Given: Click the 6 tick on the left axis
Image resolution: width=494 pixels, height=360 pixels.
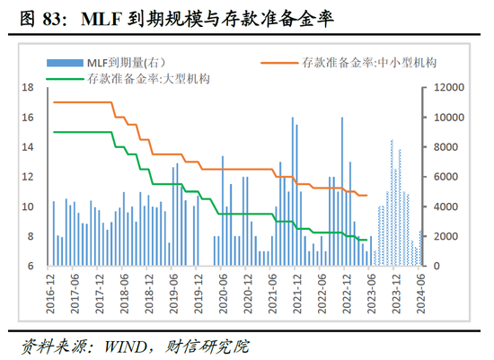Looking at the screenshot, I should (31, 267).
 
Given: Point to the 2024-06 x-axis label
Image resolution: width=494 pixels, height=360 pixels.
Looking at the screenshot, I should (419, 292).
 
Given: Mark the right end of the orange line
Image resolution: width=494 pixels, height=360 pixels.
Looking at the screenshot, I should (367, 195).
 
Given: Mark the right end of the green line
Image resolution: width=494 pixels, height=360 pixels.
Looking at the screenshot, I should (367, 240).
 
